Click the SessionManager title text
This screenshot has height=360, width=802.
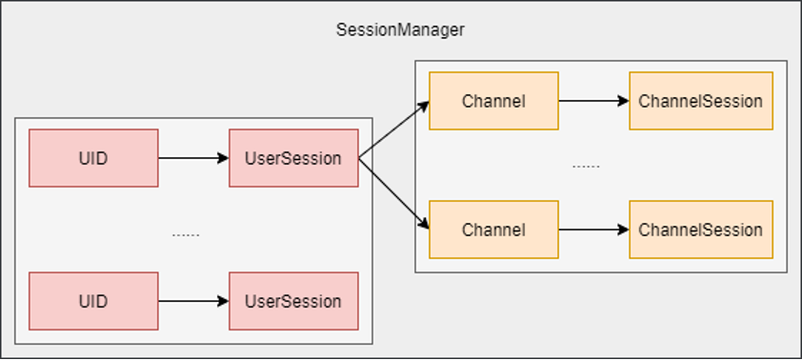pos(400,30)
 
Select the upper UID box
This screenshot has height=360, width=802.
pos(93,158)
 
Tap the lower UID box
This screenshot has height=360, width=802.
pos(93,301)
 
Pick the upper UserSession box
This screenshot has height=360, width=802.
pos(293,158)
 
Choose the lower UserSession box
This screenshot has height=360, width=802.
pos(293,301)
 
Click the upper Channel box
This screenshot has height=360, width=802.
pos(493,101)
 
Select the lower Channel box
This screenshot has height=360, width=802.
pos(493,230)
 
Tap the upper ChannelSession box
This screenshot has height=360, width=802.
pos(701,101)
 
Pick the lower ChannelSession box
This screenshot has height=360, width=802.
pos(701,230)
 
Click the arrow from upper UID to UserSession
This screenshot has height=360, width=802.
pos(193,158)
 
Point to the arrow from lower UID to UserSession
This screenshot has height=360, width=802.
pos(193,301)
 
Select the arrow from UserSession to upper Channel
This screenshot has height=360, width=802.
pos(393,130)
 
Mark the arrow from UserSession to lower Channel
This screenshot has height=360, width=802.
pos(393,193)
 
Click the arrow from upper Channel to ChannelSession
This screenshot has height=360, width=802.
pos(593,101)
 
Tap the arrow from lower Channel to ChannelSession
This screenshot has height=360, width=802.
pos(593,230)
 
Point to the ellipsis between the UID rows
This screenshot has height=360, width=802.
pos(186,235)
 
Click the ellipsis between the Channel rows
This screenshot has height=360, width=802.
pos(586,167)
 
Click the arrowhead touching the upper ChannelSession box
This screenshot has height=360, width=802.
pos(624,101)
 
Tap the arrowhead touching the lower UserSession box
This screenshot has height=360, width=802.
pos(223,301)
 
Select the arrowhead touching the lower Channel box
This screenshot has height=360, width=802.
pos(424,224)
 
